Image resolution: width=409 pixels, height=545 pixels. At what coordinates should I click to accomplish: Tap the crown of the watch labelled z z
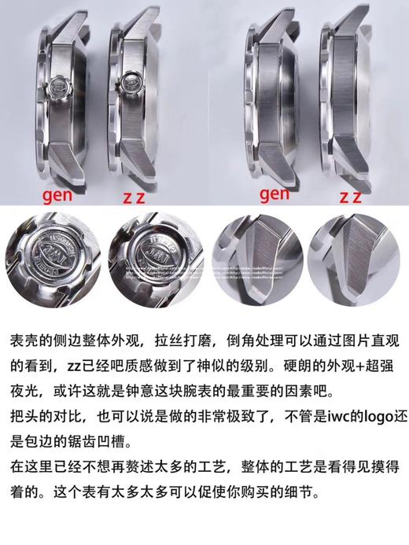pyautogui.click(x=131, y=81)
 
